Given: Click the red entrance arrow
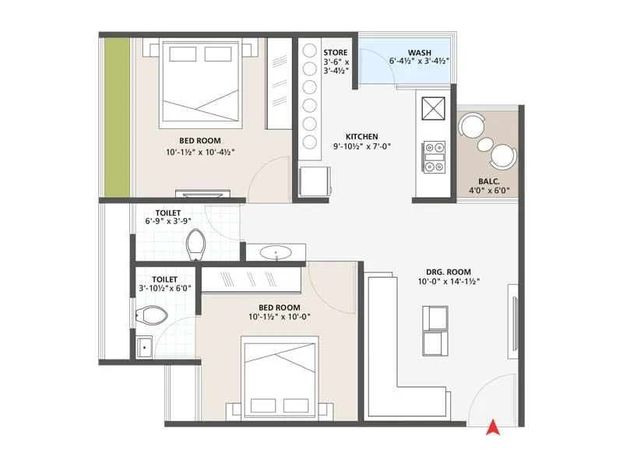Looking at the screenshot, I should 492,426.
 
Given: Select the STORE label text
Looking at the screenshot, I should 336,52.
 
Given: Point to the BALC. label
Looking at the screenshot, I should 489,179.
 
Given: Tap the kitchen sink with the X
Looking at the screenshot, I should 432,106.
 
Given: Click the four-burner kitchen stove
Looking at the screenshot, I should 433,155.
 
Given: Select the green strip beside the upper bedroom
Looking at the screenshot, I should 118,117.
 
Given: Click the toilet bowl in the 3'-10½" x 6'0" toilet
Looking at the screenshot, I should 151,315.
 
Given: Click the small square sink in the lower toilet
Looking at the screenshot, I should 145,347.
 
